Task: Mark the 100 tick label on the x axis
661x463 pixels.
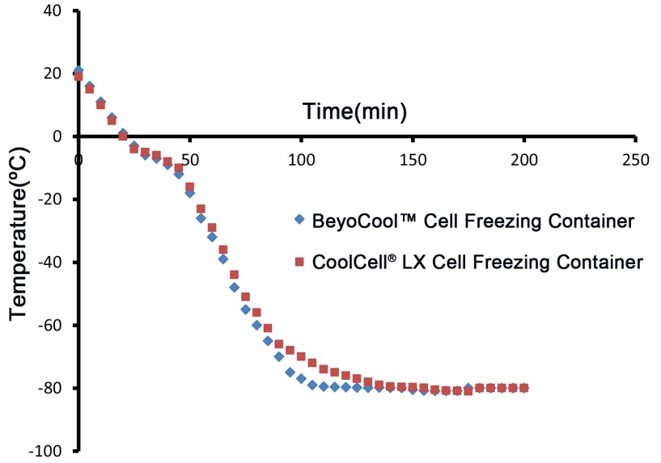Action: [301, 160]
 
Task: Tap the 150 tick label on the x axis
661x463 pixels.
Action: [413, 160]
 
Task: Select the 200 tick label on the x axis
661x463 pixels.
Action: [524, 160]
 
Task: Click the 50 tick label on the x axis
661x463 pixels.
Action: [190, 160]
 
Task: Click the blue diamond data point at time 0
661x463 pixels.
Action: [78, 71]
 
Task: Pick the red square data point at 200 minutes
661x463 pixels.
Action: [524, 388]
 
